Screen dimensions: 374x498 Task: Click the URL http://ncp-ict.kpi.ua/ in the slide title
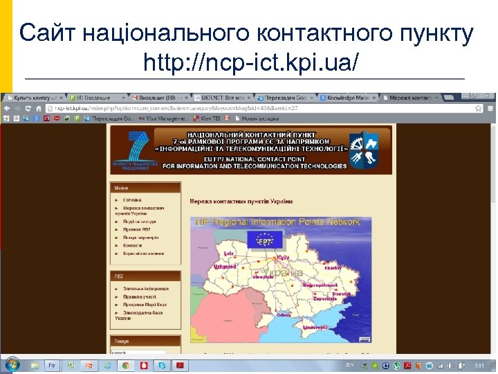click(x=251, y=63)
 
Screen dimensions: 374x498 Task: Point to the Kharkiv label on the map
click(x=333, y=267)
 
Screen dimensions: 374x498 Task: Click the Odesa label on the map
click(x=284, y=314)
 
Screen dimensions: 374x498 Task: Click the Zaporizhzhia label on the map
click(x=324, y=299)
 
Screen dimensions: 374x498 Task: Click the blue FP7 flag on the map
click(x=265, y=242)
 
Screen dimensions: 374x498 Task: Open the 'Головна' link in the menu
click(x=132, y=200)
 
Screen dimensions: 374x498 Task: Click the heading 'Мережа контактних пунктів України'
click(x=241, y=202)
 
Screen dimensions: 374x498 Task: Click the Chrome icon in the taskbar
click(x=125, y=365)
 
